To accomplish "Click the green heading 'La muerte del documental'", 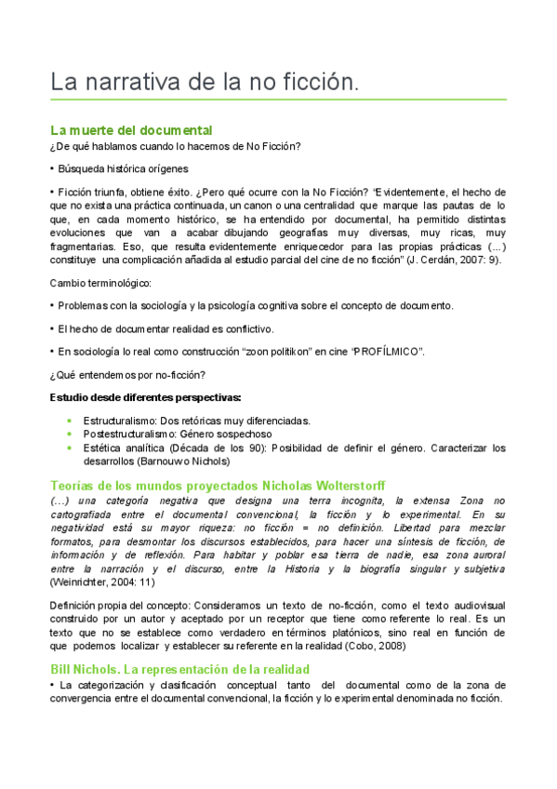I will [x=131, y=130].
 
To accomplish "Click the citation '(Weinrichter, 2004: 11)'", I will [x=105, y=582].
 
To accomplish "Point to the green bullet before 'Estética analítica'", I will [x=70, y=448].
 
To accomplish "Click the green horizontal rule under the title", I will [x=278, y=99].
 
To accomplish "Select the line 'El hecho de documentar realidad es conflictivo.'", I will [x=166, y=328].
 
